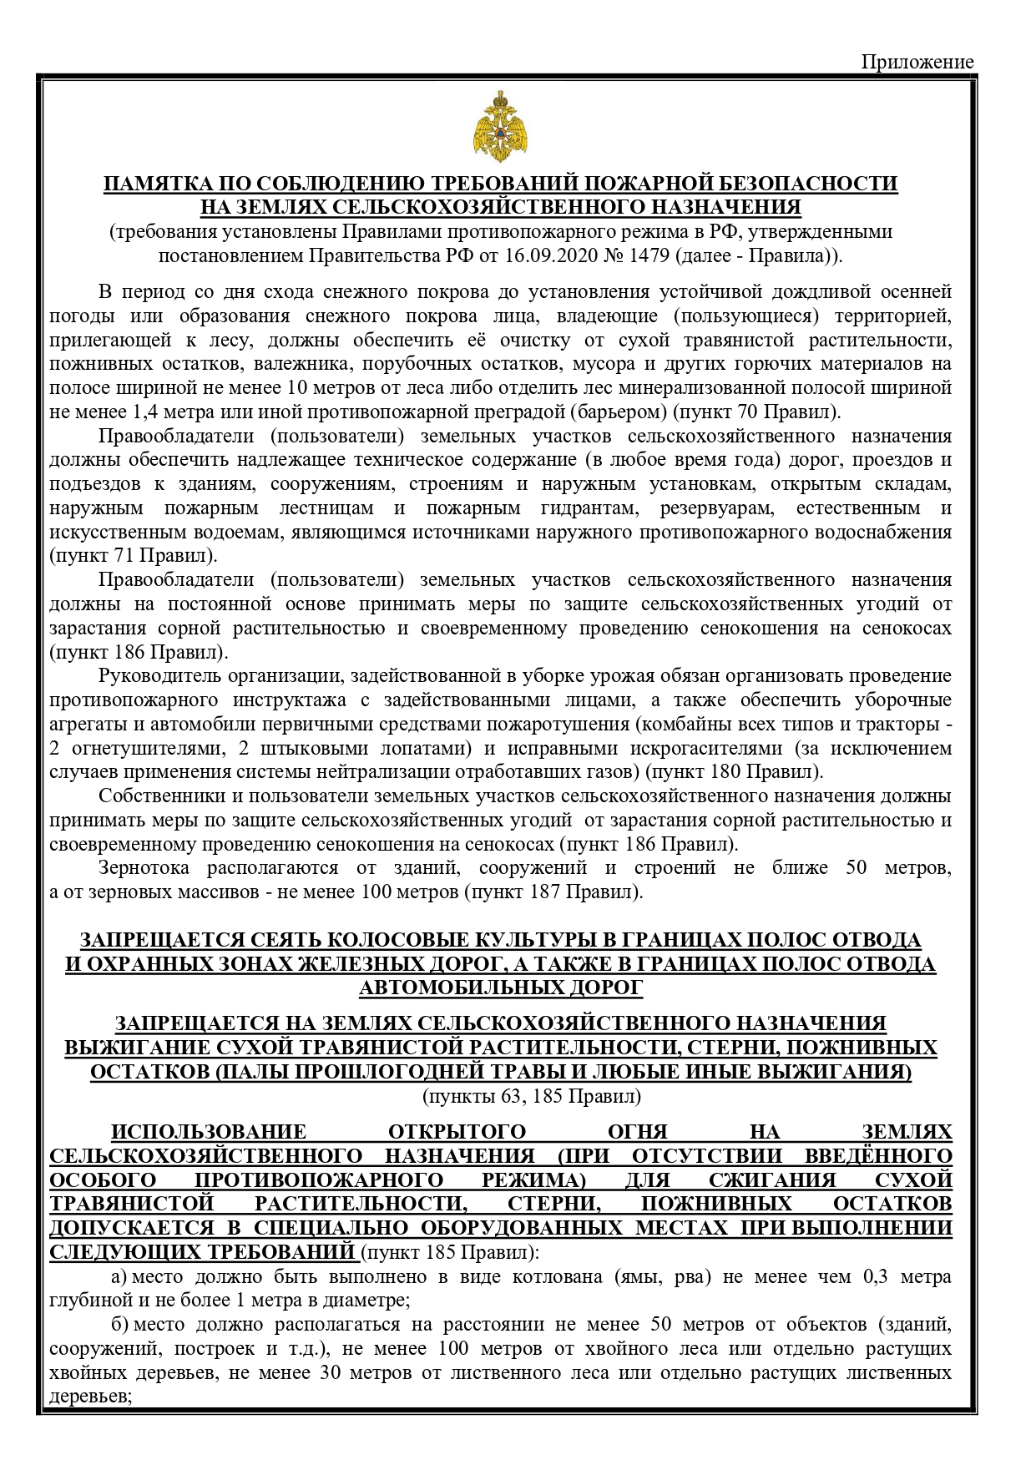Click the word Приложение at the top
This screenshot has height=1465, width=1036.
point(917,62)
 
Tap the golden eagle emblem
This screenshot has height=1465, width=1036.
point(500,128)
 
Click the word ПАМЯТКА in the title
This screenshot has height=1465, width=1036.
point(156,184)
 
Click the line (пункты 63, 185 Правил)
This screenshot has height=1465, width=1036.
point(532,1096)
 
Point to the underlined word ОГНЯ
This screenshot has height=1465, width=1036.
point(638,1133)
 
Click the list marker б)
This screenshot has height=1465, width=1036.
point(119,1325)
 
